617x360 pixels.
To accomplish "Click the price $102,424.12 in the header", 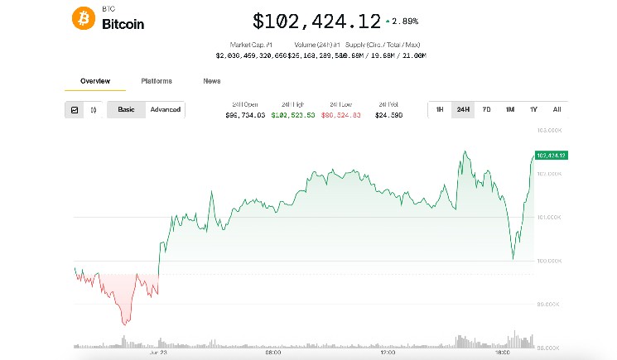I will (x=316, y=21).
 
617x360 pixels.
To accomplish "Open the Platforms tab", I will (x=157, y=81).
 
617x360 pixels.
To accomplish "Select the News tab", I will (x=212, y=81).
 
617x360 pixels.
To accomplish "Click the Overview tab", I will (x=94, y=81).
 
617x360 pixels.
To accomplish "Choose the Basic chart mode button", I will (x=126, y=110).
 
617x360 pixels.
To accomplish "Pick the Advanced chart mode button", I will (x=165, y=110).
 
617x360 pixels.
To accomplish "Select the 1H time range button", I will (x=440, y=110).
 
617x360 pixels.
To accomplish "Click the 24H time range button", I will (x=463, y=110).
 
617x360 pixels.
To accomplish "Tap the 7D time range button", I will (x=486, y=110).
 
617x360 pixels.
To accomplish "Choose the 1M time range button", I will (x=510, y=110).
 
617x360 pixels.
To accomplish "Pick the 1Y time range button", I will (x=533, y=110).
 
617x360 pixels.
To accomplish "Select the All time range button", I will (x=557, y=110).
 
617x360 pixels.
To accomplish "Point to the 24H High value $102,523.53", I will (x=293, y=116).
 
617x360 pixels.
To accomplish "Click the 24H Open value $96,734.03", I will (x=245, y=116).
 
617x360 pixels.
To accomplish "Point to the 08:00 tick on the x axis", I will (x=272, y=353).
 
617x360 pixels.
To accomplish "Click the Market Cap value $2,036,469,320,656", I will (x=250, y=55).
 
